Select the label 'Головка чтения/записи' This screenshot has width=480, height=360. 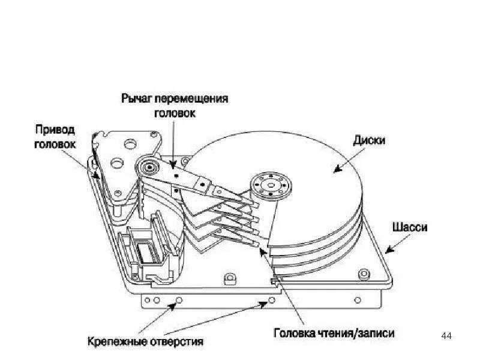tap(334, 332)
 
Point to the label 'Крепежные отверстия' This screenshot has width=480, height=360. tap(146, 342)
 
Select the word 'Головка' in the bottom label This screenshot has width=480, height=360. tap(293, 332)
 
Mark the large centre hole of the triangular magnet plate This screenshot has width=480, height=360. tap(128, 145)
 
